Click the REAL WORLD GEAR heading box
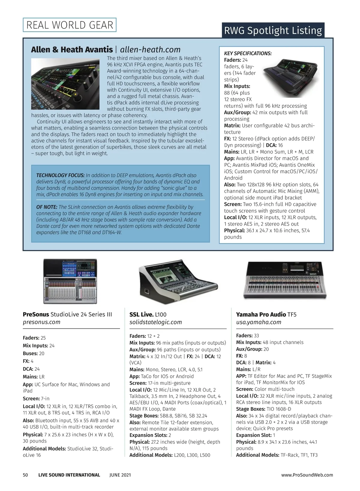[x=70, y=25]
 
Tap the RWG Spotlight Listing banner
[x=273, y=30]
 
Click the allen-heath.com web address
[x=150, y=49]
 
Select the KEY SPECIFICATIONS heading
[x=248, y=53]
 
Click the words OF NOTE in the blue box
[x=46, y=207]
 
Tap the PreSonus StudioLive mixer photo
[x=70, y=281]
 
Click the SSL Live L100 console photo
[x=178, y=282]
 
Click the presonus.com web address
[x=41, y=322]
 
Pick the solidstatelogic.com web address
[x=155, y=322]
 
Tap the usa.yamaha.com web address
[x=259, y=322]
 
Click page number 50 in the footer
[x=25, y=475]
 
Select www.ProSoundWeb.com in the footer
[x=307, y=475]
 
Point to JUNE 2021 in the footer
[x=120, y=475]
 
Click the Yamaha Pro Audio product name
[x=261, y=314]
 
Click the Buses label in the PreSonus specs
[x=30, y=353]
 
